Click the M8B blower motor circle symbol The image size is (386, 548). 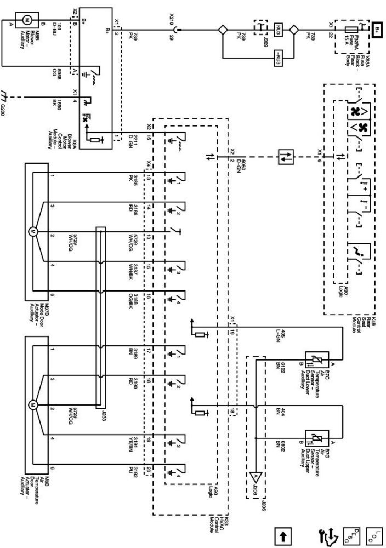[24, 19]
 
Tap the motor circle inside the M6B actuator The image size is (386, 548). [32, 406]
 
